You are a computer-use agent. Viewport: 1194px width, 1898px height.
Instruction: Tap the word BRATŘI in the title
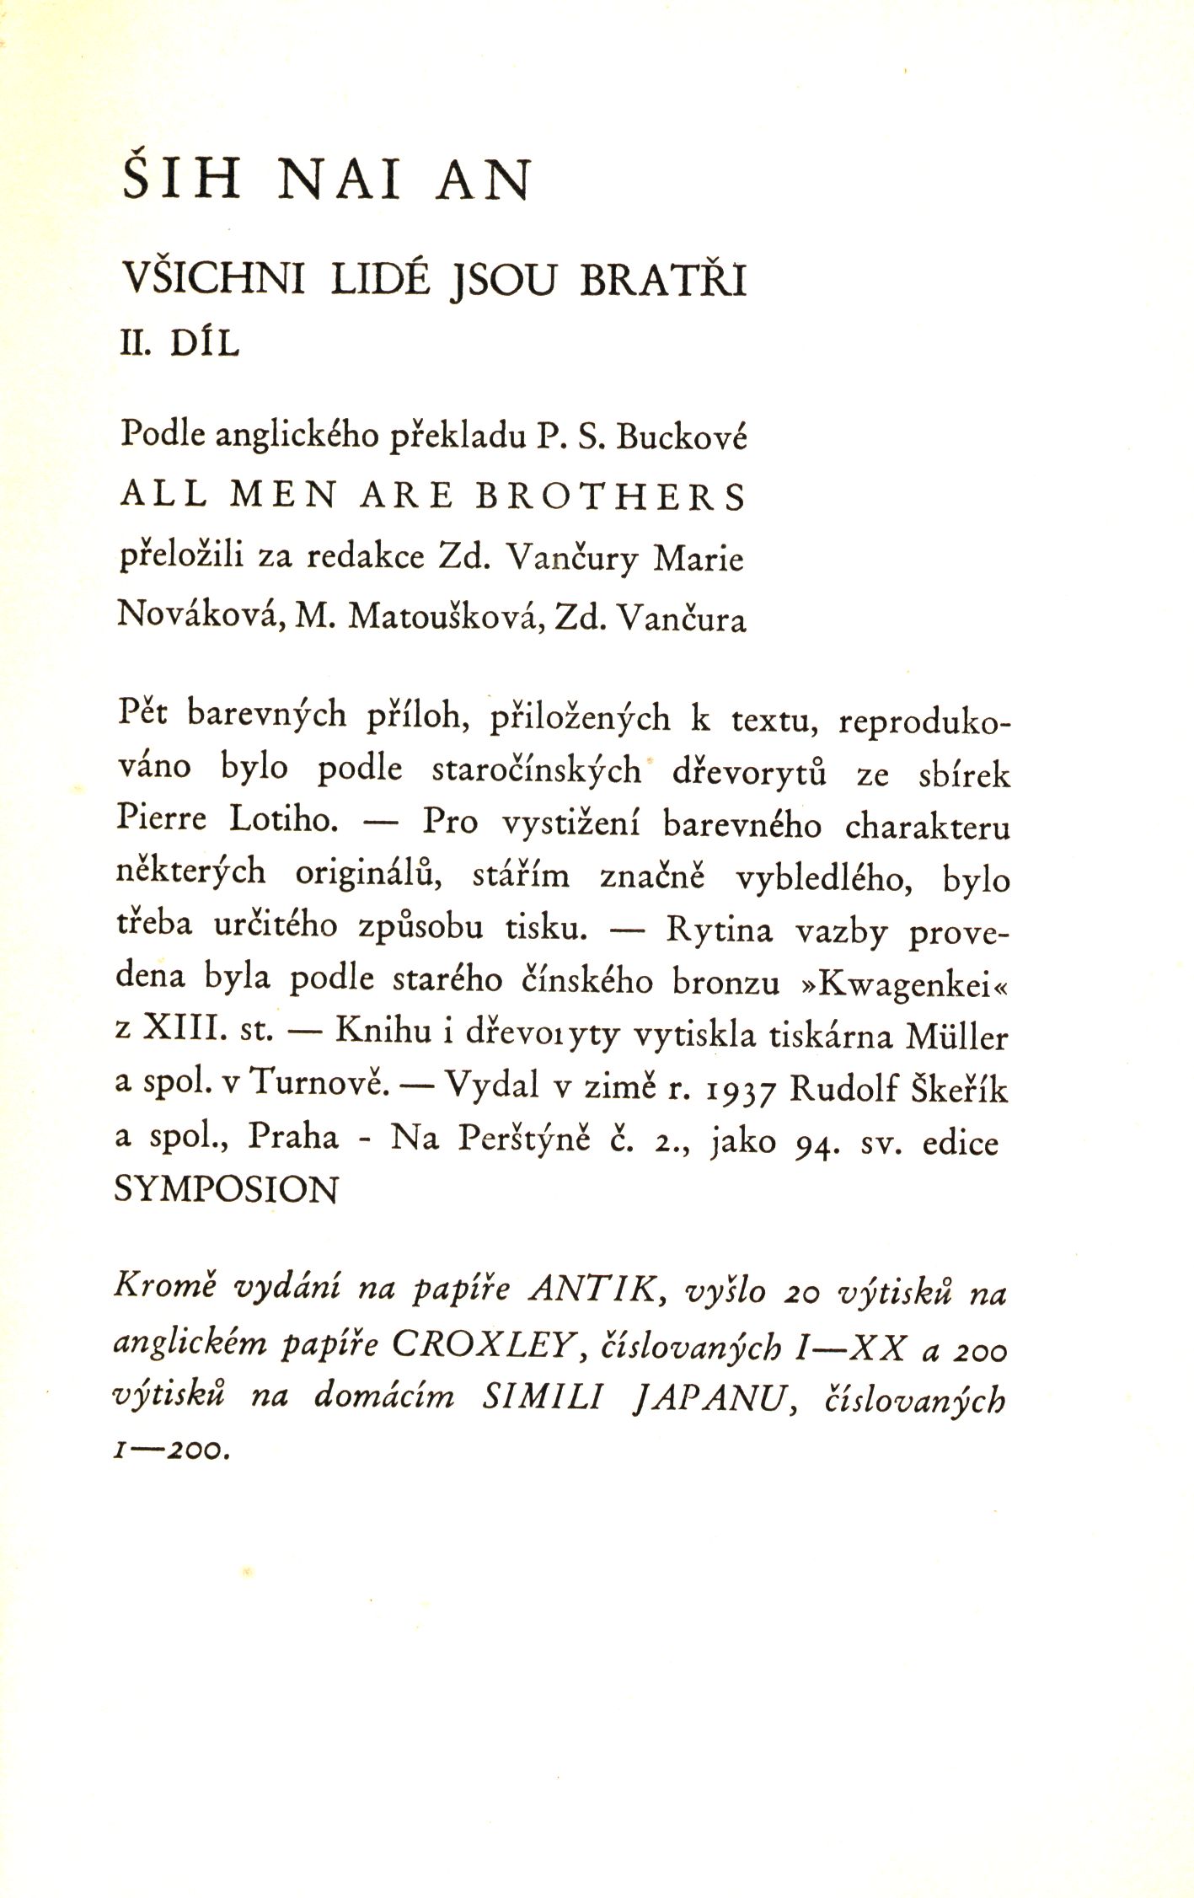point(663,281)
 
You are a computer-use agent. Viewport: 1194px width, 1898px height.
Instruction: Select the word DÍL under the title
point(205,345)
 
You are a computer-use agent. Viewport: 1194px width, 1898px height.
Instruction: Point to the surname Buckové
point(682,437)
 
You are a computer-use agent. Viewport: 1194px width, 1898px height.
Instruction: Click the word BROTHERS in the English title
point(611,496)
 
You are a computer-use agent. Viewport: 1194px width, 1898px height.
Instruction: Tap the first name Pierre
point(160,819)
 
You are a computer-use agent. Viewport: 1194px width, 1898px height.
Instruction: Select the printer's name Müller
point(956,1037)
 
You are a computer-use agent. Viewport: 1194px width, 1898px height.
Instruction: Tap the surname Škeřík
point(959,1090)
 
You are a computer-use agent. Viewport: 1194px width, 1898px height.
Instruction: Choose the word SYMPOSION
point(226,1191)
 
